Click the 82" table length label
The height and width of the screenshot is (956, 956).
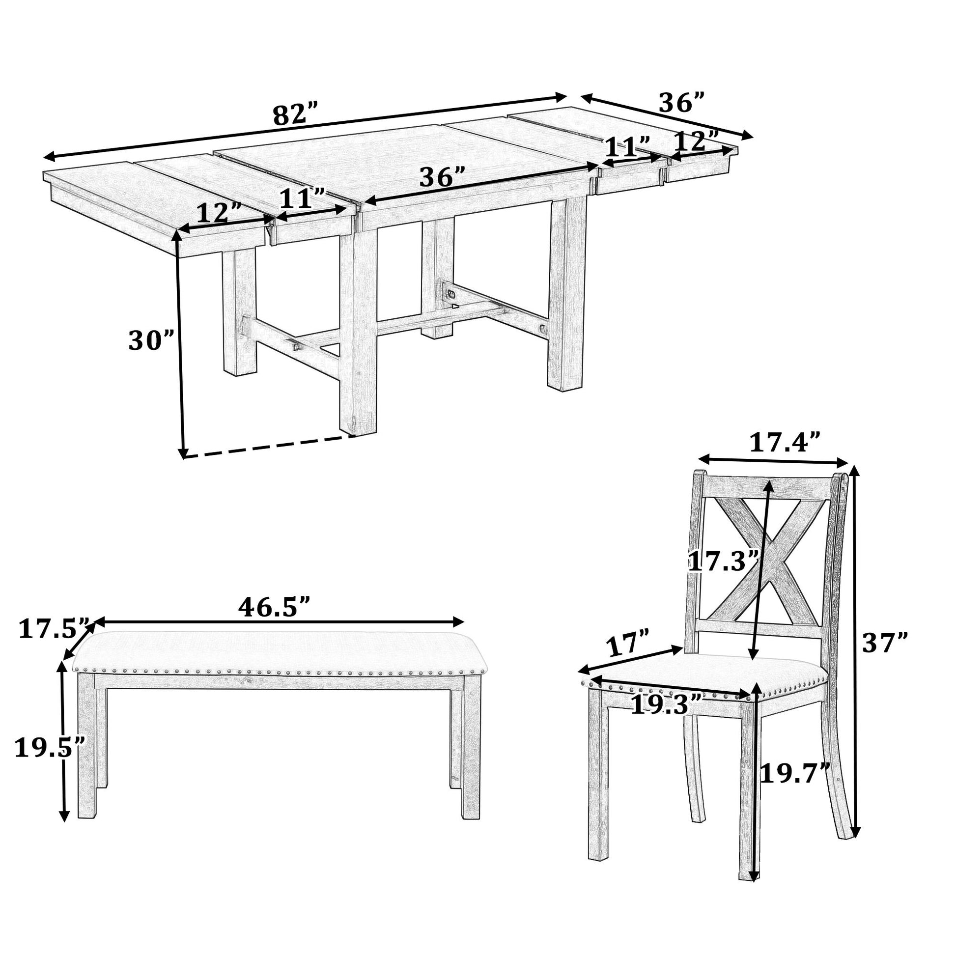295,115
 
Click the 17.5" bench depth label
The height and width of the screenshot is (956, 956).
54,629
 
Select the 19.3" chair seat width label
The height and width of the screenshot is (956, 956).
666,704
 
